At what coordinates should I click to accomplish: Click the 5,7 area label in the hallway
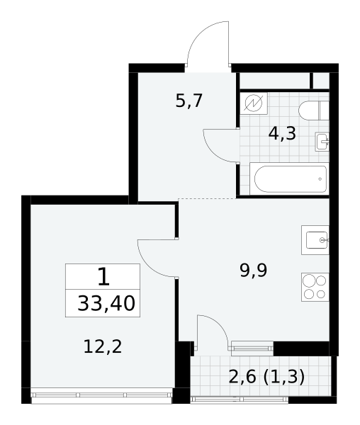click(x=189, y=101)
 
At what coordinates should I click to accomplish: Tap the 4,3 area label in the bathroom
click(x=282, y=133)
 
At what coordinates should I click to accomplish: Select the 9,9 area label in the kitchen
click(x=254, y=271)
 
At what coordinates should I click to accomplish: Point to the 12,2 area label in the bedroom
click(x=103, y=346)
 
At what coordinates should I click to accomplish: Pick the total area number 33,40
click(x=106, y=303)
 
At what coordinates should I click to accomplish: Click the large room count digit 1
click(x=103, y=276)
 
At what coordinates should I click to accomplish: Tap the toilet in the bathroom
click(x=314, y=110)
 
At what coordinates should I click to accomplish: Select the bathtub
click(x=290, y=179)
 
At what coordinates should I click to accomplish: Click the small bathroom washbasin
click(x=322, y=142)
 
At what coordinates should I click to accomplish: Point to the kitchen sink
click(x=315, y=240)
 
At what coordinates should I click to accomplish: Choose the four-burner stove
click(x=315, y=287)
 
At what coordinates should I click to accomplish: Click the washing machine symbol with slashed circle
click(x=254, y=103)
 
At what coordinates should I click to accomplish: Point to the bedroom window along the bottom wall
click(x=101, y=395)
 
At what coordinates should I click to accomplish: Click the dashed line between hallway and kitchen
click(x=207, y=198)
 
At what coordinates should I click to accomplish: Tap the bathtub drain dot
click(x=320, y=179)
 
